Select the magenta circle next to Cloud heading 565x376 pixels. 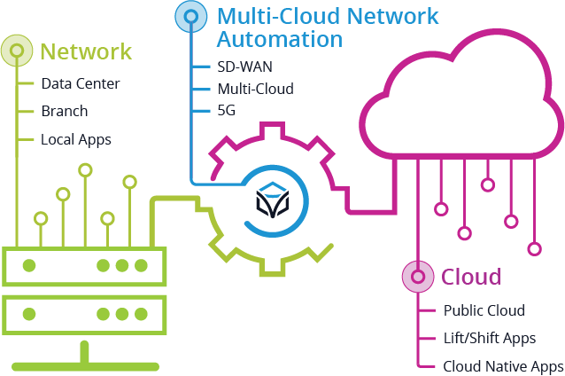click(417, 277)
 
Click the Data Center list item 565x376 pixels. click(80, 84)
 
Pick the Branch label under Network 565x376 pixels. click(64, 112)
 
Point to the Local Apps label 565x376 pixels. click(76, 139)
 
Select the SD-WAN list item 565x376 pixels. click(246, 67)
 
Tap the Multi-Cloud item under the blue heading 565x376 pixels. click(255, 90)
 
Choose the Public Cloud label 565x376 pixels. click(484, 310)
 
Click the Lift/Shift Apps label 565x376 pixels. click(490, 338)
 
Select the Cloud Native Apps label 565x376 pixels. click(502, 365)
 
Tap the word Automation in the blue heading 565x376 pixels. click(279, 40)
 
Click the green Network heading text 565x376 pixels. click(87, 51)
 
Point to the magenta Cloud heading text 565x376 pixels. click(471, 277)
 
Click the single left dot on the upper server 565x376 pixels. click(29, 265)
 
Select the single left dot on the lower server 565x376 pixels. click(29, 314)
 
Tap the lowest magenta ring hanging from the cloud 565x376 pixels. click(534, 248)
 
